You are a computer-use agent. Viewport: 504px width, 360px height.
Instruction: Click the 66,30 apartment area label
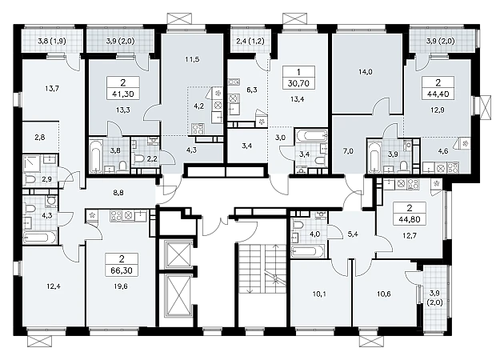point(121,270)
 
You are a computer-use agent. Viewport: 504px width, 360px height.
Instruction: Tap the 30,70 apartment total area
point(298,83)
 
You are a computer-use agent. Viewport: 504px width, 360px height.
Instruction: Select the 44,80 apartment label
point(409,220)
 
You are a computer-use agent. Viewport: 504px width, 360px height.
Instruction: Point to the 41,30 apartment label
point(122,94)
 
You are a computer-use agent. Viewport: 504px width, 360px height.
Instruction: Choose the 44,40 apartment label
point(438,94)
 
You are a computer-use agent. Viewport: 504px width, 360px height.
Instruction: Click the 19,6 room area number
point(121,286)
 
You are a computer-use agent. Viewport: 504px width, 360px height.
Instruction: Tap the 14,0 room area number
point(365,72)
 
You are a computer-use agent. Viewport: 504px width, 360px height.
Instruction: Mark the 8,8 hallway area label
point(118,193)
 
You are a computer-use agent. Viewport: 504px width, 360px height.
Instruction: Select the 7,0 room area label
point(348,150)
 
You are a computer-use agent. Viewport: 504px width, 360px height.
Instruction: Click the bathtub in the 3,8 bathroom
point(95,155)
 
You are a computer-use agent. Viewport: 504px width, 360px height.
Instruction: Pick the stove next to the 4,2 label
point(196,129)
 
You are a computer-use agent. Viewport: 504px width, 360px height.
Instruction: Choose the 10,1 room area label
point(319,294)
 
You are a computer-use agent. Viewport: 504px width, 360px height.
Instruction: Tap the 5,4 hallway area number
point(353,234)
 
